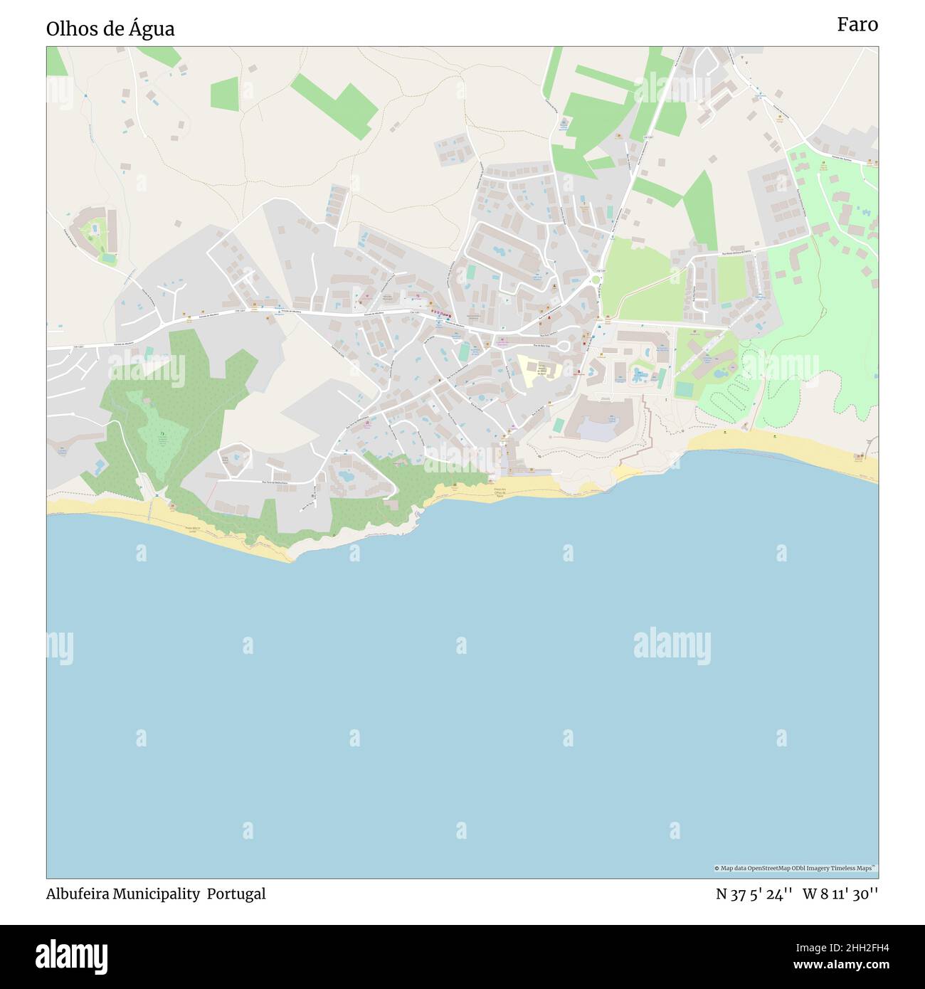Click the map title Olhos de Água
pyautogui.click(x=110, y=29)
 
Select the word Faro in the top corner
pyautogui.click(x=857, y=25)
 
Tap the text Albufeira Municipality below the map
pyautogui.click(x=123, y=894)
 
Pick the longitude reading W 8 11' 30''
pyautogui.click(x=840, y=894)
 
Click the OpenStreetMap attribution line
pyautogui.click(x=795, y=868)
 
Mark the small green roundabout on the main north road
pyautogui.click(x=596, y=280)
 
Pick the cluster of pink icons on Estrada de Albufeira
pyautogui.click(x=440, y=313)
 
